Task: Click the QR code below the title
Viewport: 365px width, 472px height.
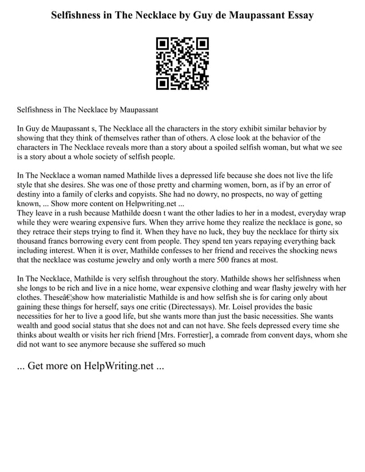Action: coord(182,63)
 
